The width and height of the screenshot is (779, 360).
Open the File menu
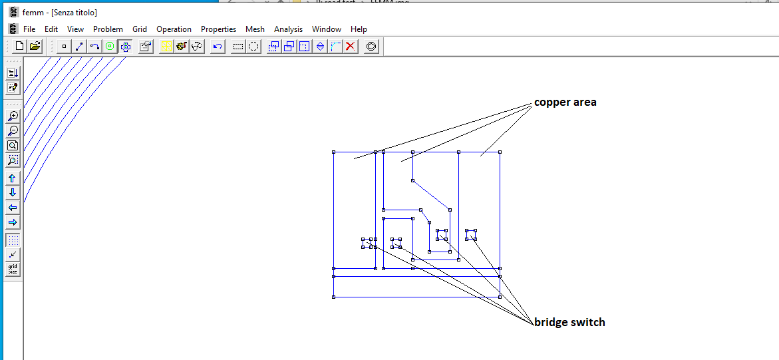29,29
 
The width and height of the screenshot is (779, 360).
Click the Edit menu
51,29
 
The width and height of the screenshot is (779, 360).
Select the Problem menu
108,29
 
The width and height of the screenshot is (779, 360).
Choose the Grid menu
140,29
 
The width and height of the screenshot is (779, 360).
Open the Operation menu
174,29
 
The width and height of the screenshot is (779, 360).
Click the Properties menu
218,29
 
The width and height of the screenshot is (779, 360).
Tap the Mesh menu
255,29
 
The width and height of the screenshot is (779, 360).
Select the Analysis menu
288,29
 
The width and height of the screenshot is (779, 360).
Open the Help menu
359,29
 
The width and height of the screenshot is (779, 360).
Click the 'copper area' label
565,102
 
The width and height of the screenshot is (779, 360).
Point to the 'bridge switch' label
569,322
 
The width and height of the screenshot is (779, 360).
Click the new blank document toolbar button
19,47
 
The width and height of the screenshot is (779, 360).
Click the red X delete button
350,47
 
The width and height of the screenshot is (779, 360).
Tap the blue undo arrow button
218,47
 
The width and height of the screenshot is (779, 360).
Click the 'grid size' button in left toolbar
13,270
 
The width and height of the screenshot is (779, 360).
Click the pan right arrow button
13,222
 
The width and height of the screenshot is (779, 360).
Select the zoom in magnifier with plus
13,116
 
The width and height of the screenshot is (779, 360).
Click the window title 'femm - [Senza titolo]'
60,13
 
